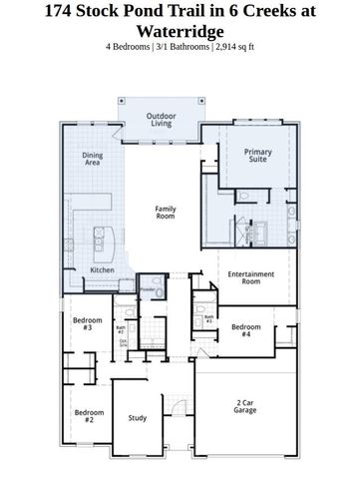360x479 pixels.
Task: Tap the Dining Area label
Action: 92,158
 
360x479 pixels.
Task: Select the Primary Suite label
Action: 258,156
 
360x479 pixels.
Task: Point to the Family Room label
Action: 165,212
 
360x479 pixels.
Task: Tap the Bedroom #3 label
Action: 83,323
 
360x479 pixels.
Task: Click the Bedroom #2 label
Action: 83,415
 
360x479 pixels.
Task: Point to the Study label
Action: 138,417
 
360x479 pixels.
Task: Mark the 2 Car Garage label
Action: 245,406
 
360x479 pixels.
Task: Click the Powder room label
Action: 148,290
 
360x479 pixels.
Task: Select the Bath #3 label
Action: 208,320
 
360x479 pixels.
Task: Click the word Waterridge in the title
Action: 180,31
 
